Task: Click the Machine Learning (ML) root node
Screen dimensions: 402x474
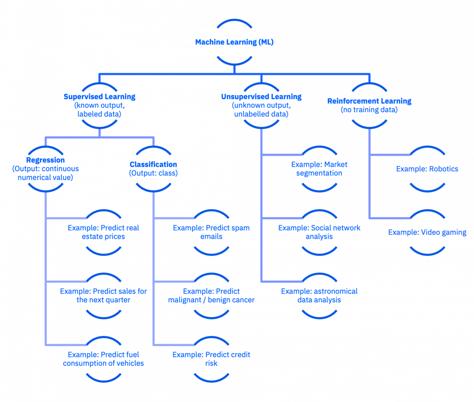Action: pos(234,42)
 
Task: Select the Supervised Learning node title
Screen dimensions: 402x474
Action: pos(99,97)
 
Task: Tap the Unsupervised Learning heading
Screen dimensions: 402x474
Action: pos(261,97)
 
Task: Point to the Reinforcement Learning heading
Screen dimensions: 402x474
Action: pos(369,101)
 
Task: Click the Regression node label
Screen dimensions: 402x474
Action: pos(45,160)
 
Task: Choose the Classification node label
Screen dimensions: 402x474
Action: pos(153,164)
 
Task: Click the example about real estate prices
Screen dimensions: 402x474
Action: pos(103,232)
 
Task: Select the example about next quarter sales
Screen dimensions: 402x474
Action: pos(103,295)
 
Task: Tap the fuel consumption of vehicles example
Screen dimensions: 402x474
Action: pos(103,359)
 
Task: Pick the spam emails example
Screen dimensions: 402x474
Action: pos(211,232)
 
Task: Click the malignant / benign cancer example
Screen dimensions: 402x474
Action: pos(211,295)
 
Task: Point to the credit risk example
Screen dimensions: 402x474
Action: pos(211,359)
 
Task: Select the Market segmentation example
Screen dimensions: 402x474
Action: pos(319,169)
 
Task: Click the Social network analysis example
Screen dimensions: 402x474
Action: pos(319,232)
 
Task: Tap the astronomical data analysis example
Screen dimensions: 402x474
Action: pos(319,295)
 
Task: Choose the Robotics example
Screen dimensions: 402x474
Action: pos(427,169)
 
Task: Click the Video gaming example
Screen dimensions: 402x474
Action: pos(427,232)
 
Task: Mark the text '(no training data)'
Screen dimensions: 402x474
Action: pos(369,110)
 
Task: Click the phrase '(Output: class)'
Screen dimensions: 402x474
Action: pos(153,173)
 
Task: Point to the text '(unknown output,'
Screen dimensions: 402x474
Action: pos(261,106)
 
